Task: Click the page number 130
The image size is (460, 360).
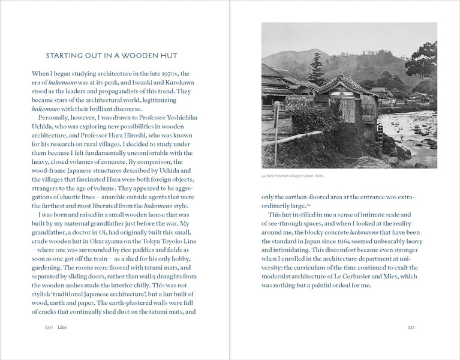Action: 49,328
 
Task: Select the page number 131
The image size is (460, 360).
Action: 411,328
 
